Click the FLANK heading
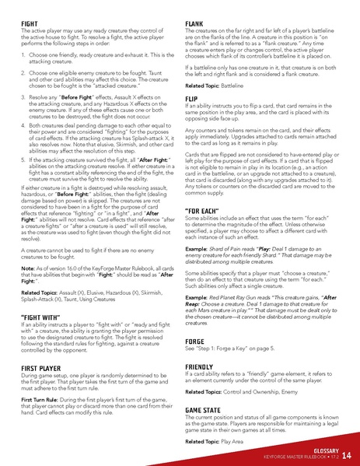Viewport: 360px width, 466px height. pos(194,24)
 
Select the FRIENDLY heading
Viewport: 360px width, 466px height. pos(200,366)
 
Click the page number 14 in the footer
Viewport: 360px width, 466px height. pos(346,454)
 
